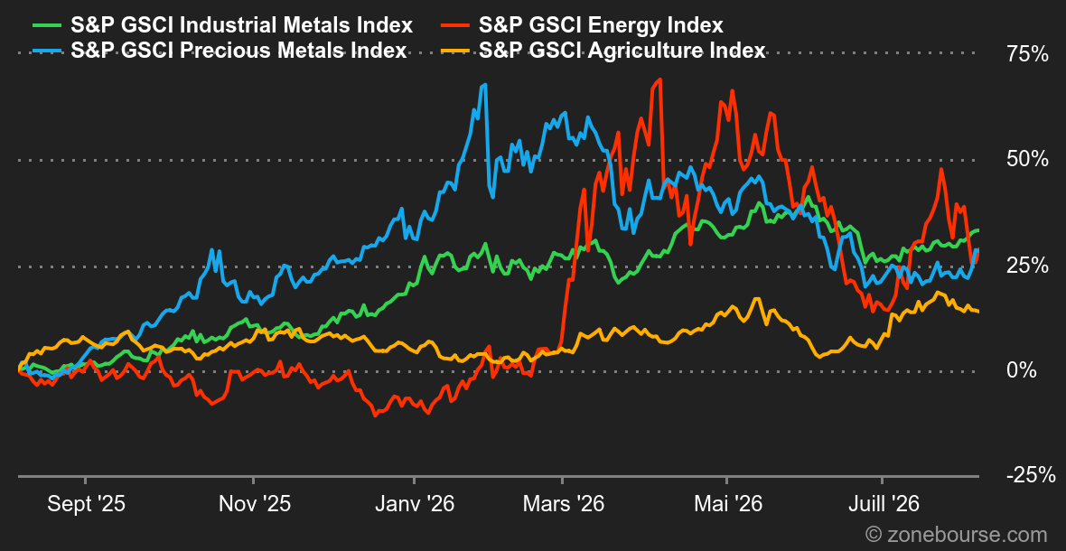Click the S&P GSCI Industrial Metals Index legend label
pyautogui.click(x=242, y=26)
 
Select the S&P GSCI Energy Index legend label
pyautogui.click(x=601, y=26)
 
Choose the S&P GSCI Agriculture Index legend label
pyautogui.click(x=622, y=51)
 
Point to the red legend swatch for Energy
pyautogui.click(x=456, y=26)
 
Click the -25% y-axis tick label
pyautogui.click(x=1031, y=476)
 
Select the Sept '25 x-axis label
pyautogui.click(x=87, y=505)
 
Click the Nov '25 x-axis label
pyautogui.click(x=253, y=505)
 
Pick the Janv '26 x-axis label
pyautogui.click(x=414, y=505)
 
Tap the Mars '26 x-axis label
pyautogui.click(x=563, y=505)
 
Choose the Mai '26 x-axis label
pyautogui.click(x=726, y=505)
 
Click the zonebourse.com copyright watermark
pyautogui.click(x=956, y=533)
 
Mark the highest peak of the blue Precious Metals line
pyautogui.click(x=485, y=85)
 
